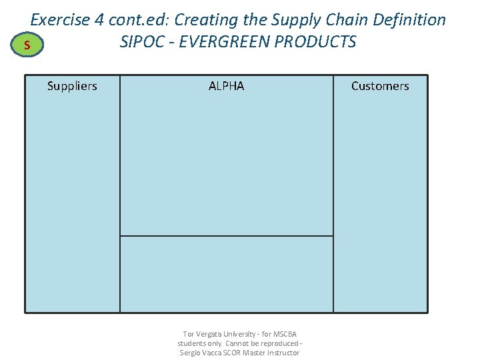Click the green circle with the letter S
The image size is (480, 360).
[26, 45]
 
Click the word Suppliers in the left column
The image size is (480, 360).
[72, 86]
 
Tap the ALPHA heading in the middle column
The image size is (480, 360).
[227, 86]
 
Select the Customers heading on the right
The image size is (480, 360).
[380, 86]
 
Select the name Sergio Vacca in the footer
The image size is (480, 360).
[201, 353]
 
